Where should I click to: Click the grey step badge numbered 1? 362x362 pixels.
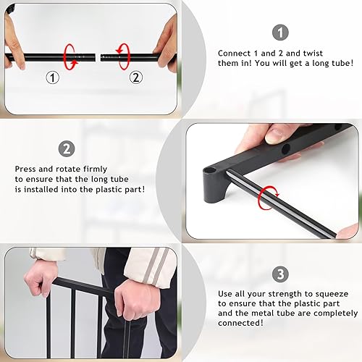[280, 32]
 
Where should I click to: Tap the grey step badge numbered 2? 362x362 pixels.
[67, 149]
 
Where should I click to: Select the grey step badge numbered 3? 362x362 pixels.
[280, 275]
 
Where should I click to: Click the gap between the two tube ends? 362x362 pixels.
[97, 55]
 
